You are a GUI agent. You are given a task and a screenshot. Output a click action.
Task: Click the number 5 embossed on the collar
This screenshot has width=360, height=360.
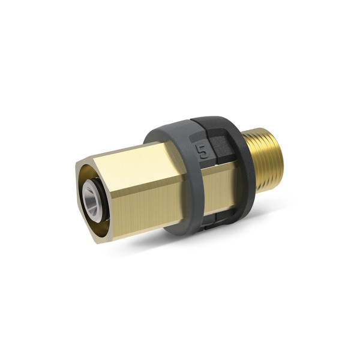[x=203, y=152]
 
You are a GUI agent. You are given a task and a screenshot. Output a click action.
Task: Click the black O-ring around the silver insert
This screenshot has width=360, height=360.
[x=103, y=200]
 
